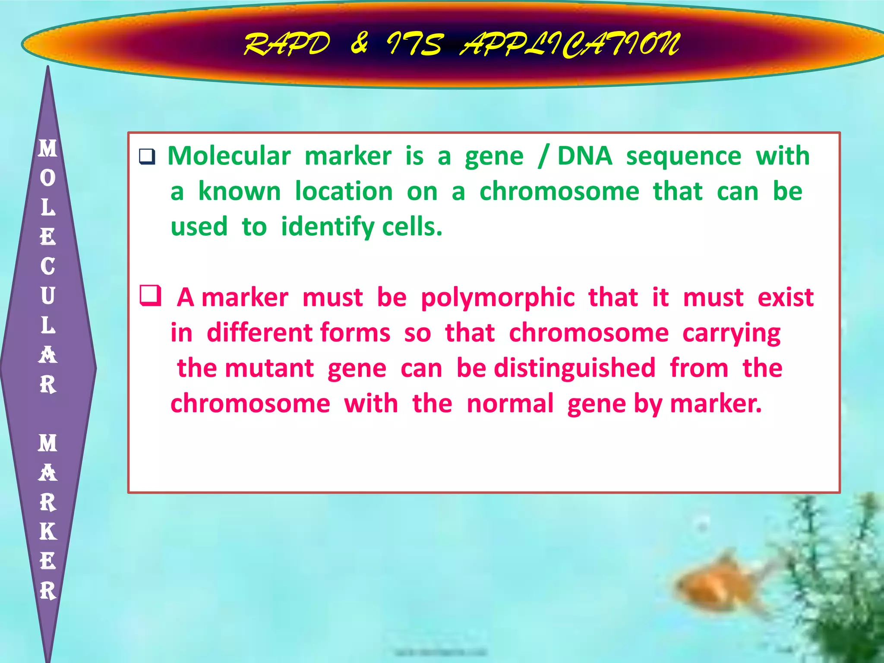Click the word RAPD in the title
point(287,44)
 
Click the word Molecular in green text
point(229,156)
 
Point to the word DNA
point(584,156)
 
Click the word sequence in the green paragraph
point(684,157)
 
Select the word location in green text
point(344,191)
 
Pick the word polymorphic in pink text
point(498,298)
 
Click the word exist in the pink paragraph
point(786,297)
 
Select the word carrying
point(731,334)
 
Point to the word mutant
point(269,368)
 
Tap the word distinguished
point(575,368)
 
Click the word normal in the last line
point(510,404)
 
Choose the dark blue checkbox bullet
point(147,156)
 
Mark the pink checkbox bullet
point(150,296)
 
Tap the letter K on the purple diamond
point(48,532)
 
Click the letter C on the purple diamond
point(48,266)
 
